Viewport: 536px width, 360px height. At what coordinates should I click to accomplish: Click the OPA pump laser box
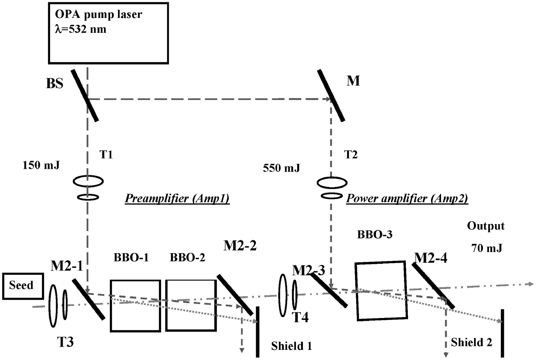pyautogui.click(x=108, y=33)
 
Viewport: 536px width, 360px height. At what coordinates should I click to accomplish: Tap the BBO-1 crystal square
pyautogui.click(x=135, y=305)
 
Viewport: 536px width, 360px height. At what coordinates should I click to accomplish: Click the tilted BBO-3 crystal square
pyautogui.click(x=381, y=291)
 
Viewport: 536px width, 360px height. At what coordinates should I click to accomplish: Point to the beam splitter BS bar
pyautogui.click(x=84, y=95)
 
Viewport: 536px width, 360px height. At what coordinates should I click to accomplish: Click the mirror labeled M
pyautogui.click(x=331, y=95)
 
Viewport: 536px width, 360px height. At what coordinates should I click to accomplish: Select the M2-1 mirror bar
pyautogui.click(x=89, y=299)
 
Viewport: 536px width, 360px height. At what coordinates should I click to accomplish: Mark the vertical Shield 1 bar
pyautogui.click(x=258, y=331)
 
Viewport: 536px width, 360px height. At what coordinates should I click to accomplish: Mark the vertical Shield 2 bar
pyautogui.click(x=502, y=333)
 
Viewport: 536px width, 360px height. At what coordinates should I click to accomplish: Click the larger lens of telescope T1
pyautogui.click(x=88, y=181)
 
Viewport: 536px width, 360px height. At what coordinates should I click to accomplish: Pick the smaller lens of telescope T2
pyautogui.click(x=331, y=196)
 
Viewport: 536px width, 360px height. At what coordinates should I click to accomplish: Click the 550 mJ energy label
pyautogui.click(x=281, y=168)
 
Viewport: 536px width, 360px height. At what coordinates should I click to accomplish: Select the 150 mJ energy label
pyautogui.click(x=41, y=166)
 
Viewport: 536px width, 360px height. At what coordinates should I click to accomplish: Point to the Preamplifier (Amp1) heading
pyautogui.click(x=177, y=199)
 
